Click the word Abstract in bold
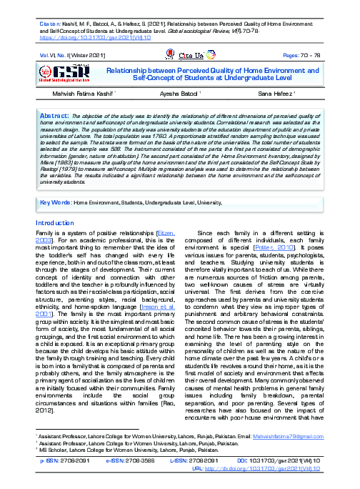pos(54,114)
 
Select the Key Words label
pos(56,202)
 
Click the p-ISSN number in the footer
pos(70,462)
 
